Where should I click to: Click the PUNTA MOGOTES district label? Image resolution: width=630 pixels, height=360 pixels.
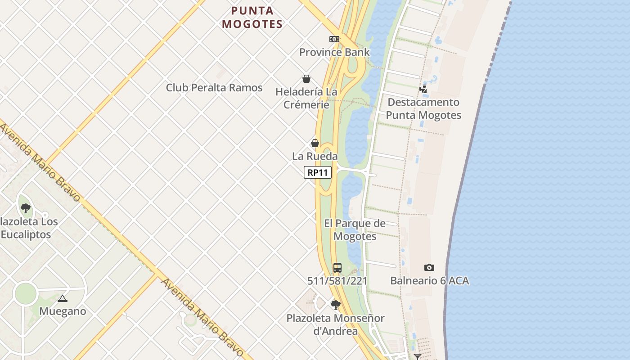[x=252, y=18]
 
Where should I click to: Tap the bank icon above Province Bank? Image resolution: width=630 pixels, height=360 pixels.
[x=334, y=39]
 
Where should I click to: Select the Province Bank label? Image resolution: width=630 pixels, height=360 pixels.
[x=334, y=52]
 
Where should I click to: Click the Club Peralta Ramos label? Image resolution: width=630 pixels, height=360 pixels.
[x=214, y=88]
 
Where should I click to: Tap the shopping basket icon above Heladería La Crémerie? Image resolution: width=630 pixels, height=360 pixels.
[x=306, y=79]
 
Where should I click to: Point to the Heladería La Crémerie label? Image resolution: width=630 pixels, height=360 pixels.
[x=306, y=98]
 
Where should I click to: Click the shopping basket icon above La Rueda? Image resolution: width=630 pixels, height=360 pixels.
[x=315, y=144]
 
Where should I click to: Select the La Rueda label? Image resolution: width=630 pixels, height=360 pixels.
[x=315, y=157]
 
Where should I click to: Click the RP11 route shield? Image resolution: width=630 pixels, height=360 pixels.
[x=318, y=172]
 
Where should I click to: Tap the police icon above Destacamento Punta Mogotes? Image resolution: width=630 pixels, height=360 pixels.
[x=423, y=89]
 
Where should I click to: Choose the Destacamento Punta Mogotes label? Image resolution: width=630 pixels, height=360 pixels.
[x=423, y=108]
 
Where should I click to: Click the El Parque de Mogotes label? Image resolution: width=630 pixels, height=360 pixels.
[x=355, y=230]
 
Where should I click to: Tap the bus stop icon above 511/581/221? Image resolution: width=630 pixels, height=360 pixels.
[x=337, y=268]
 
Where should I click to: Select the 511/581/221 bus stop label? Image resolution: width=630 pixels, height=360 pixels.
[x=337, y=281]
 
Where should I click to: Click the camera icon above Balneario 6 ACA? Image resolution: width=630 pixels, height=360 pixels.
[x=429, y=268]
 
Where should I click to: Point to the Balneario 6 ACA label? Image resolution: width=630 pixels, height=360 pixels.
[x=429, y=281]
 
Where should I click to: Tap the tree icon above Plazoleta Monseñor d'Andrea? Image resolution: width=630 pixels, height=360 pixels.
[x=335, y=305]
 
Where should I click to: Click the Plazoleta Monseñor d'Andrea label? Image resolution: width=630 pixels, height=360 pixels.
[x=336, y=324]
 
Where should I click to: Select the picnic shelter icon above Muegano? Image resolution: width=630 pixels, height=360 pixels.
[x=63, y=298]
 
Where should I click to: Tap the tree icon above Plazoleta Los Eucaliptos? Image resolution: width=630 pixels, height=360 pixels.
[x=26, y=208]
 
